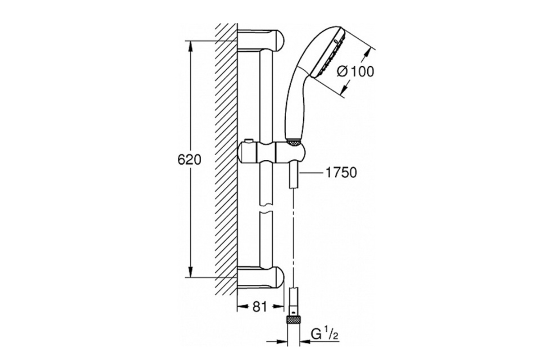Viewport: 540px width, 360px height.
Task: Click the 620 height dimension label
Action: [x=189, y=160]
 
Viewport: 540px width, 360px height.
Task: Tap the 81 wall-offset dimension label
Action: [x=260, y=307]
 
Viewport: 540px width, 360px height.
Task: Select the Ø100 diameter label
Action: [x=355, y=72]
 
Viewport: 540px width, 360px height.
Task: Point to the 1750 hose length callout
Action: [x=341, y=173]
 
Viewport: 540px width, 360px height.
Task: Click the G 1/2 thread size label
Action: [x=325, y=334]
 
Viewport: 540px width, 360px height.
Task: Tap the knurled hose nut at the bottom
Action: [x=293, y=320]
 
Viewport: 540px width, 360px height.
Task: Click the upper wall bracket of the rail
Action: [x=261, y=40]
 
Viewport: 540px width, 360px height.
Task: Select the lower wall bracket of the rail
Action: [x=261, y=277]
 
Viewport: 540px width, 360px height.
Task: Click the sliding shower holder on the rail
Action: [x=272, y=153]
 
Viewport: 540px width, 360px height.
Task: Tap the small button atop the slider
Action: [x=248, y=140]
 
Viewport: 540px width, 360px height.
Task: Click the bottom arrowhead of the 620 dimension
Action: [x=191, y=272]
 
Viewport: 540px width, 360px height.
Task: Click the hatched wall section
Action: [x=226, y=159]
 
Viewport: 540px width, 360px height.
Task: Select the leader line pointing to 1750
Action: [x=311, y=173]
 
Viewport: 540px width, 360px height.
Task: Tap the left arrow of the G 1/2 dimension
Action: [x=277, y=341]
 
